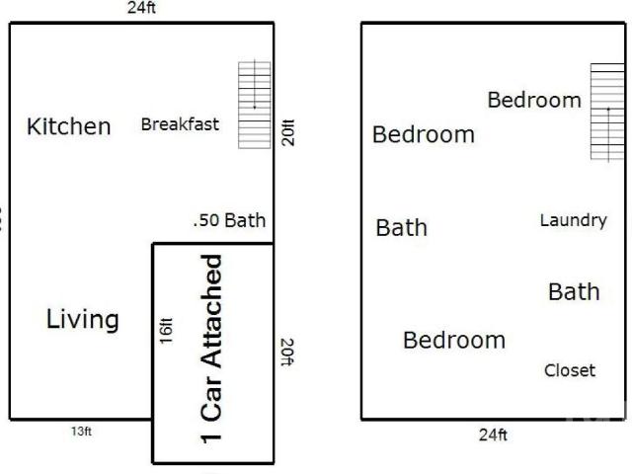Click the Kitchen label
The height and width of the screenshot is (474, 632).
pos(68,126)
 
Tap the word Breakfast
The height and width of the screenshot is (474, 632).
pos(180,124)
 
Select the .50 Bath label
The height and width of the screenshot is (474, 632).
pos(229,220)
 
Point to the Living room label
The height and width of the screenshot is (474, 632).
pos(83,319)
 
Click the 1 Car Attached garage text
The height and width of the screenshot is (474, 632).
pos(211,349)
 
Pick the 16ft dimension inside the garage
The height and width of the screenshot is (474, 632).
pos(166,331)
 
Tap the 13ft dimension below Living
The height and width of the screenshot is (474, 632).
pos(81,432)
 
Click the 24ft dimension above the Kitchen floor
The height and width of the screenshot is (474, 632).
pos(141,8)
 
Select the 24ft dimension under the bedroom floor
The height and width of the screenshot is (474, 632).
pos(493,434)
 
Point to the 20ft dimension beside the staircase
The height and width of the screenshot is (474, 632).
pos(288,132)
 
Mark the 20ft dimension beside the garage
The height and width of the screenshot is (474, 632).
pos(287,353)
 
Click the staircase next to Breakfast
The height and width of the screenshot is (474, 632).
pos(255,105)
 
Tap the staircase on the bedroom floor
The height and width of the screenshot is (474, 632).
pos(608,112)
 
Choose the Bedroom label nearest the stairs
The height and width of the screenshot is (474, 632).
pos(534,100)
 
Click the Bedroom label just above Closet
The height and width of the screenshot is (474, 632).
pos(454,340)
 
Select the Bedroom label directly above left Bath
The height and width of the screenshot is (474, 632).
pos(424,134)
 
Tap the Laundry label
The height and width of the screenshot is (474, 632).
pos(574,220)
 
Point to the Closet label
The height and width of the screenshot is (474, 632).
pos(570,370)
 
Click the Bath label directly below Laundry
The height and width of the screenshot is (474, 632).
pos(574,292)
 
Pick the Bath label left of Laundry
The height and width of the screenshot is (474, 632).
pos(402,228)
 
